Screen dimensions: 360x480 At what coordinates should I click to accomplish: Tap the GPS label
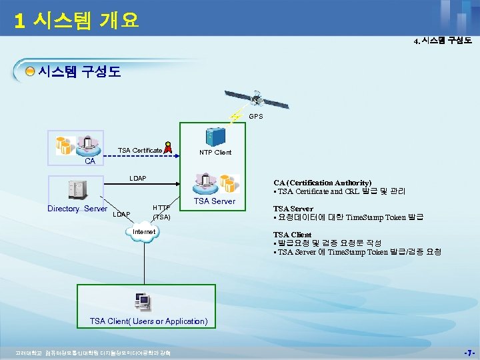click(256, 116)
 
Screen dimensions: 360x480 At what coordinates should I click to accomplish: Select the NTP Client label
click(215, 153)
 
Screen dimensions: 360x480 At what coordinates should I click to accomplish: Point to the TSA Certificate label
click(140, 151)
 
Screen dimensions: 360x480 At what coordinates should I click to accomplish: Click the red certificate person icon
click(169, 149)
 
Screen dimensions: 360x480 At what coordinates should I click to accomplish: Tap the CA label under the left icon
click(89, 162)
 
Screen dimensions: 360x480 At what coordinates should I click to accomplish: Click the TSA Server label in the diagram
click(214, 201)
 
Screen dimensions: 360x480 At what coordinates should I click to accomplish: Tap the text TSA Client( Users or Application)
click(149, 321)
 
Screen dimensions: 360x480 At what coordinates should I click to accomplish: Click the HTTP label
click(162, 208)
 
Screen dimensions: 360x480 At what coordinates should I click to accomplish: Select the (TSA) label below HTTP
click(162, 217)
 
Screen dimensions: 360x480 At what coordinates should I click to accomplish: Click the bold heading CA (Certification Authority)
click(323, 183)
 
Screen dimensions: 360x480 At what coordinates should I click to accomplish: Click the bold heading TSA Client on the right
click(292, 235)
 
